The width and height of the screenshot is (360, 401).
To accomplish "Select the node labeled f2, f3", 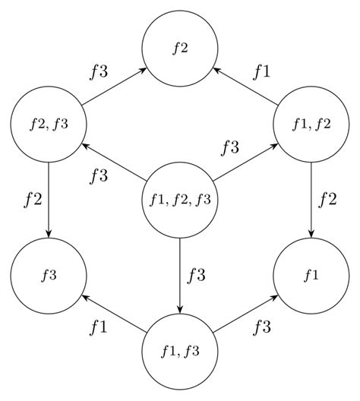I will pos(49,124).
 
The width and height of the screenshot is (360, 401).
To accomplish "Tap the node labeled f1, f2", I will pos(311,124).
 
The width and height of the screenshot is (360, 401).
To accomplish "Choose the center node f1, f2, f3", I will pos(180,200).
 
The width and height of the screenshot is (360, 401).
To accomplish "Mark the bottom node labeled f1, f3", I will pos(180,351).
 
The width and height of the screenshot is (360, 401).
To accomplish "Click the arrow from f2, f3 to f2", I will pos(114,85).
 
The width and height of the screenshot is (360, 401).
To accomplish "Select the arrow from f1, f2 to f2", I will pos(246,85).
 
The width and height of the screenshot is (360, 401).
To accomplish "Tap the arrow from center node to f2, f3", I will pos(114,162).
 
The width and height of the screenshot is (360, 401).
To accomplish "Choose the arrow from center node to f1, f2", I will pos(246,162).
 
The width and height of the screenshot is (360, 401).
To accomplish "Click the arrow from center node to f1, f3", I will pos(180,276).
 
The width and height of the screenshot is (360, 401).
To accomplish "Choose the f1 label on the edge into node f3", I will pos(99,328).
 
